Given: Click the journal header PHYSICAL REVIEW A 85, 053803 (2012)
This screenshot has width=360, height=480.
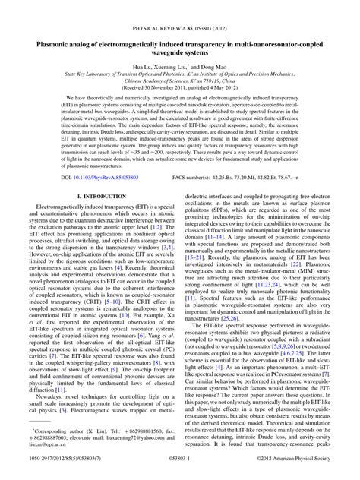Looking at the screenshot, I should coord(179,8).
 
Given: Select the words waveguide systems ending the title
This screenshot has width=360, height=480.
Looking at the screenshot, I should coord(179,33).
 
